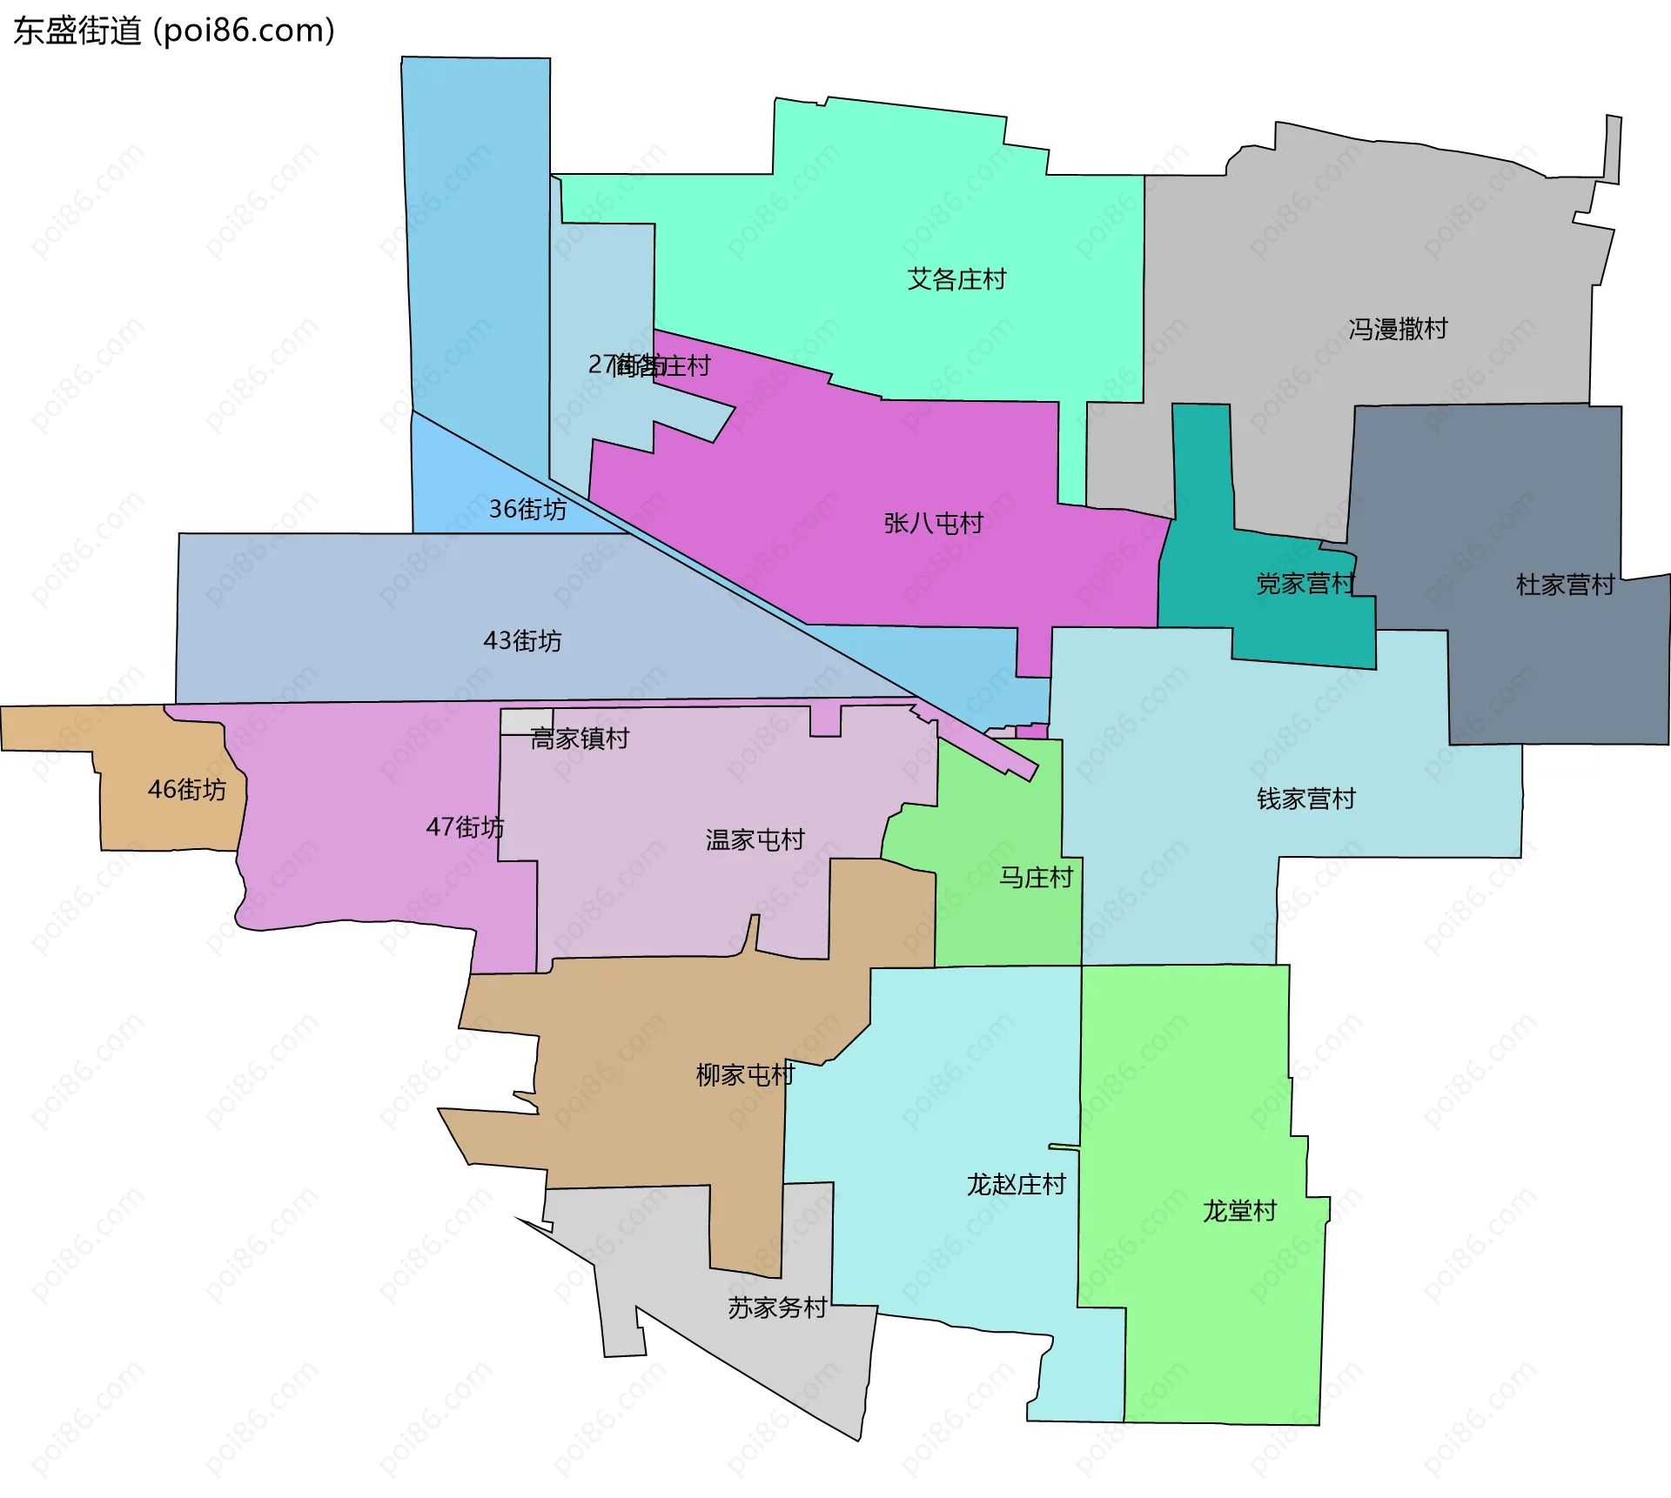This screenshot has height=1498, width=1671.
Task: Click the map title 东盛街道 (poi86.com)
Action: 174,31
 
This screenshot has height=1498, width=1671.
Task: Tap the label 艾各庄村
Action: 956,279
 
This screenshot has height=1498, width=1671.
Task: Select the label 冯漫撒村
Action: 1398,329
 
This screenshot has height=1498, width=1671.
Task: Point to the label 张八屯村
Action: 933,523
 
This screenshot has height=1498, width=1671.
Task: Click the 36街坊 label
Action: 527,509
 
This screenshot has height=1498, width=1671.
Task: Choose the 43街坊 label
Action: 522,641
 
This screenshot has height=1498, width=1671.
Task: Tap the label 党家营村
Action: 1305,584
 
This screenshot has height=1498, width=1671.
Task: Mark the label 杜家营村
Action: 1565,585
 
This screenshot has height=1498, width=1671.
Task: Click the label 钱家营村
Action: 1305,799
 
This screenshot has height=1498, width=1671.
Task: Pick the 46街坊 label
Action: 186,790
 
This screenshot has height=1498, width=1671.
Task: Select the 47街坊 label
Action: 465,826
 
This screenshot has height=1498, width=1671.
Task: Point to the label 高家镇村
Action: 580,739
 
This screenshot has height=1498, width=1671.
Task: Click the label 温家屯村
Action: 755,840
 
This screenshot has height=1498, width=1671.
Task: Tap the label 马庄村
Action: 1035,878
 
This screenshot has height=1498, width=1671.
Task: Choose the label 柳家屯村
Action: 745,1075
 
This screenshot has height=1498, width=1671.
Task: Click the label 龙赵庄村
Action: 1016,1185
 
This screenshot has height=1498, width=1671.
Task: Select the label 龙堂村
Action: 1239,1211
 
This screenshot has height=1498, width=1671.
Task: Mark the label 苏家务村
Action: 777,1308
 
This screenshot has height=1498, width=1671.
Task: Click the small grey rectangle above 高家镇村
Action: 526,721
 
